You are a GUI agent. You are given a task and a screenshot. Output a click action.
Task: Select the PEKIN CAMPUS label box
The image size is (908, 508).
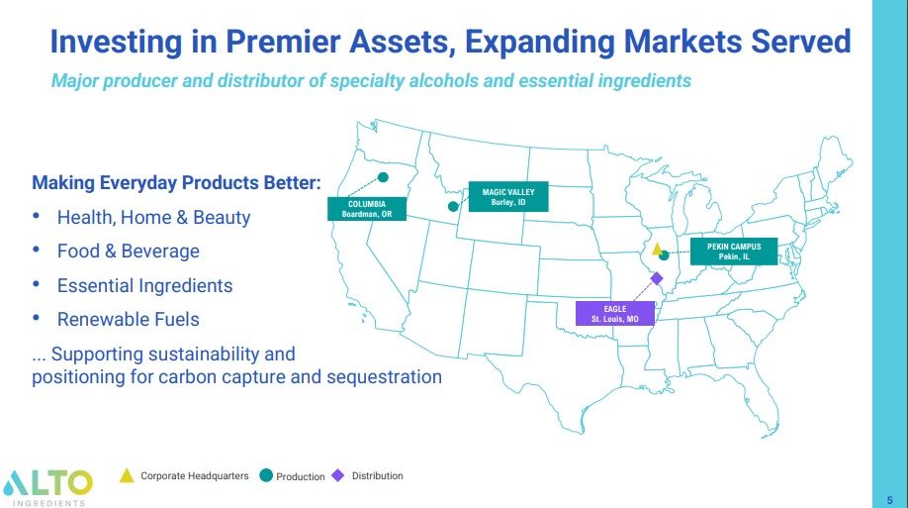point(734,252)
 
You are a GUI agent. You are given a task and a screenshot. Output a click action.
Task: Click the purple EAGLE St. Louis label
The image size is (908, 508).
point(615,314)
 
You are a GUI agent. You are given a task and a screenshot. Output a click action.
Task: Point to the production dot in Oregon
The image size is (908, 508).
point(383,177)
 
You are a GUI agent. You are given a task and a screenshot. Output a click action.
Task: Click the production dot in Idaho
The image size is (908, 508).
point(453,207)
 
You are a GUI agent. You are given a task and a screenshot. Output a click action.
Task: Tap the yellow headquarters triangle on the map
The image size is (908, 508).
point(656,249)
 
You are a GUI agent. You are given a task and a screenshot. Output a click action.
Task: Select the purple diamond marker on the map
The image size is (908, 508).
point(657,278)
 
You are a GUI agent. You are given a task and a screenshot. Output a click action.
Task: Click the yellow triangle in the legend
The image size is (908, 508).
point(127,475)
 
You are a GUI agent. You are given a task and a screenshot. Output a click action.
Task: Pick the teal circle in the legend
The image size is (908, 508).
point(265,475)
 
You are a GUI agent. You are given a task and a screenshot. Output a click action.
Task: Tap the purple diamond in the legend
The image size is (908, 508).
point(338,475)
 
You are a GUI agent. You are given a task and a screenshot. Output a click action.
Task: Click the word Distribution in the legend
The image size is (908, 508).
point(378,476)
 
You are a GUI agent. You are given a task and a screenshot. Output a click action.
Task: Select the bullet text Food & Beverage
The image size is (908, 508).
point(128,252)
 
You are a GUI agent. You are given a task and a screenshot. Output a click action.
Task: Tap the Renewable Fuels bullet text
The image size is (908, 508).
point(128,319)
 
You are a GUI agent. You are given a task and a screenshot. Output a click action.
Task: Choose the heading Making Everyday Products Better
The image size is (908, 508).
point(176,183)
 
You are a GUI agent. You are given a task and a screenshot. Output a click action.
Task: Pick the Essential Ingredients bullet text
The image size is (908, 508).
point(144,285)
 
